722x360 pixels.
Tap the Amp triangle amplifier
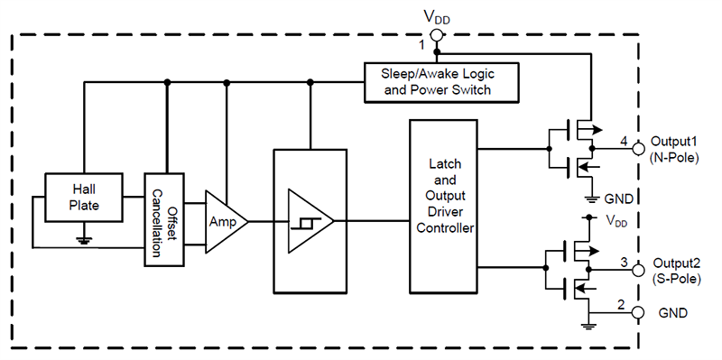point(221,220)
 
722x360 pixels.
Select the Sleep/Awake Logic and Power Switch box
point(442,81)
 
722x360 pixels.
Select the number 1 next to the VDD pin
point(421,43)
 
